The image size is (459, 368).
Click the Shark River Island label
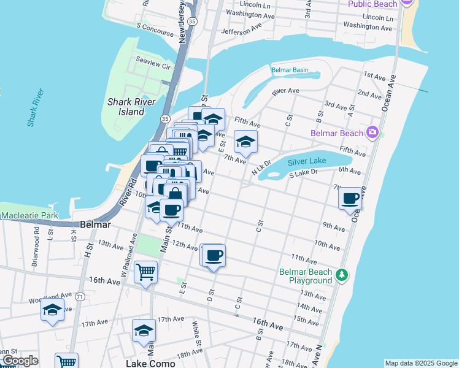(x=126, y=107)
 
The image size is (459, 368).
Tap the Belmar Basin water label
(x=290, y=70)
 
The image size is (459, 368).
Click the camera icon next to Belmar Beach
(x=371, y=132)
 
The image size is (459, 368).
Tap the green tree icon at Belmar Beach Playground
(x=342, y=276)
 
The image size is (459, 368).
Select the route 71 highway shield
(x=80, y=296)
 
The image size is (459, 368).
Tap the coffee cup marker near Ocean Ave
(x=350, y=199)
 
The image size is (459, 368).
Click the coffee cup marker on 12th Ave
(x=214, y=255)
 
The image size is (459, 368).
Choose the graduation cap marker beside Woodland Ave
(x=53, y=310)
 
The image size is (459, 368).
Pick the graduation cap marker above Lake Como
(x=144, y=331)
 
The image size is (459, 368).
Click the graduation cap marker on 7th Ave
(x=245, y=142)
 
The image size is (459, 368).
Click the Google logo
(x=20, y=361)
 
